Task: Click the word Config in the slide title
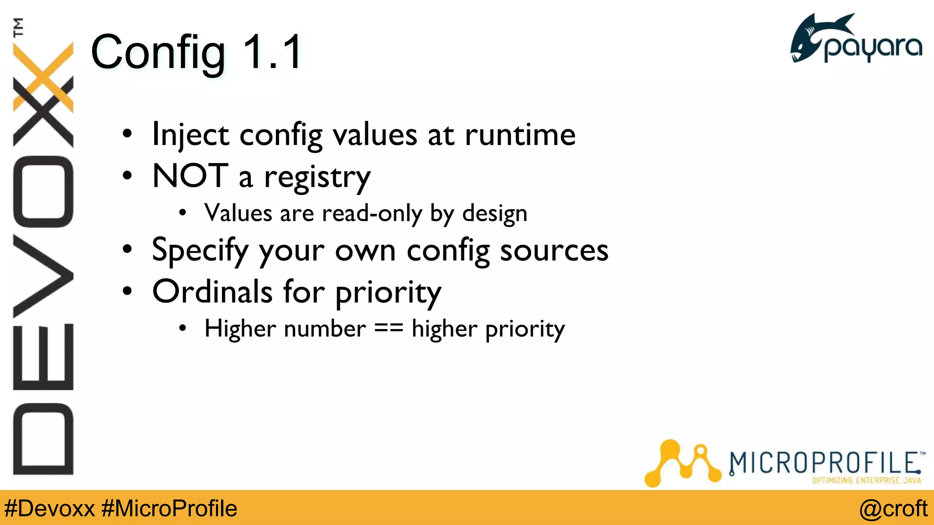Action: (158, 53)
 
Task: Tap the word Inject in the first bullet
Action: (191, 135)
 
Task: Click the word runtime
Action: (520, 135)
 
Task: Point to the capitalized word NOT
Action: (190, 176)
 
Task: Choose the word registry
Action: (317, 178)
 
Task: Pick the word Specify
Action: (200, 251)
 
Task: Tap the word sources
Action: (554, 251)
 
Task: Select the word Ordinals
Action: (212, 292)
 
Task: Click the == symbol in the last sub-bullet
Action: (389, 329)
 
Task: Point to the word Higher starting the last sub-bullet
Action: (239, 329)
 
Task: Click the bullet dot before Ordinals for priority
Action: (127, 291)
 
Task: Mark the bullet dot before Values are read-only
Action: (183, 213)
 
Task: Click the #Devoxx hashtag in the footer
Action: (49, 509)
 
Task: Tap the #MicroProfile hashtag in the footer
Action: (169, 509)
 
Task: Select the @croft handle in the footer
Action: (893, 509)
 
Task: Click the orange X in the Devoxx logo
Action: (44, 77)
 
